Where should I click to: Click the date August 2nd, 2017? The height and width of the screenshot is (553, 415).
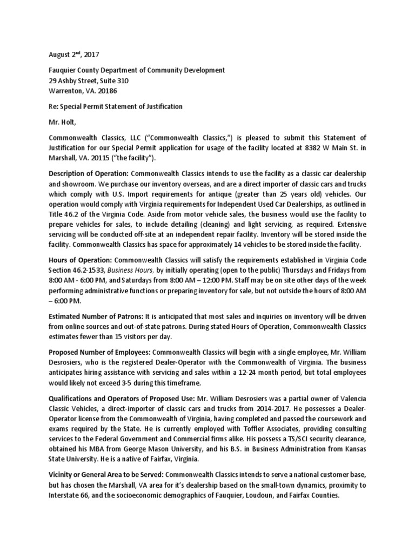pos(73,55)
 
